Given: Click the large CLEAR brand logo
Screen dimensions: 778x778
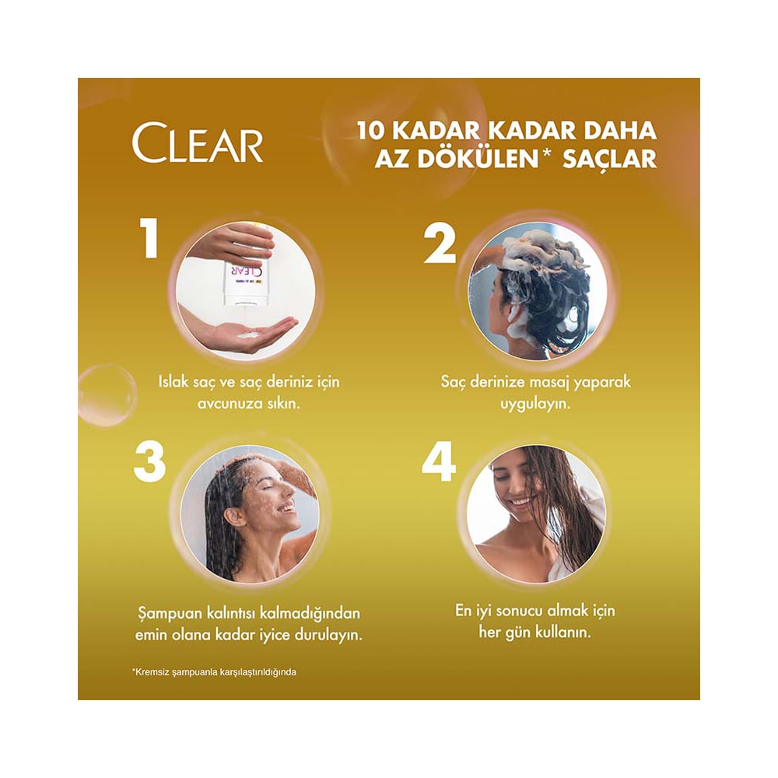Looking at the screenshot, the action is tap(197, 143).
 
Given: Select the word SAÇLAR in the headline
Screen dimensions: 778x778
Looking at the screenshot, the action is tap(610, 159).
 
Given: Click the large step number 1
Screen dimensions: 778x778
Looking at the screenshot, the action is tap(149, 240).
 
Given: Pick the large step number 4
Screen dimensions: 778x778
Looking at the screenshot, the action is tap(439, 462).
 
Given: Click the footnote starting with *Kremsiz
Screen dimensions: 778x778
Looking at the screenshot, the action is tap(214, 672).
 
